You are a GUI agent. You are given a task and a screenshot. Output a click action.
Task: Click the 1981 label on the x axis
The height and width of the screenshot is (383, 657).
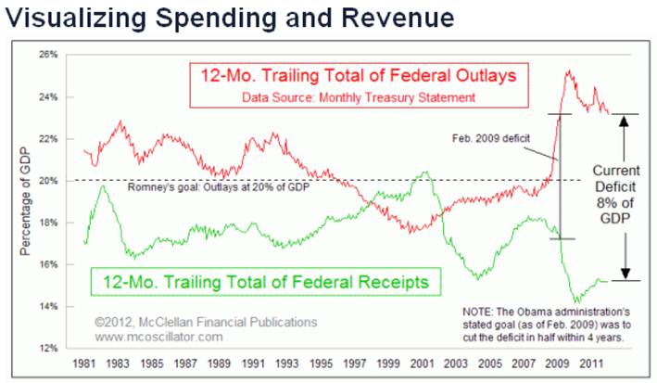point(83,364)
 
